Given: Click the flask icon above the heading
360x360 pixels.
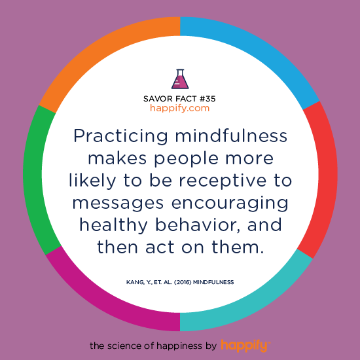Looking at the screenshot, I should (179, 79).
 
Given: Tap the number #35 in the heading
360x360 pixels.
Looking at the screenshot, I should (205, 98).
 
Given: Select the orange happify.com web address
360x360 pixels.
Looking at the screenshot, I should (179, 108).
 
